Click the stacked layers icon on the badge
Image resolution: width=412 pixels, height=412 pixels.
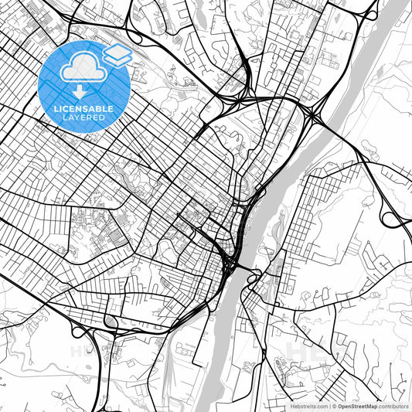117,54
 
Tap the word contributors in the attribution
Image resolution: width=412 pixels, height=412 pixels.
393,404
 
